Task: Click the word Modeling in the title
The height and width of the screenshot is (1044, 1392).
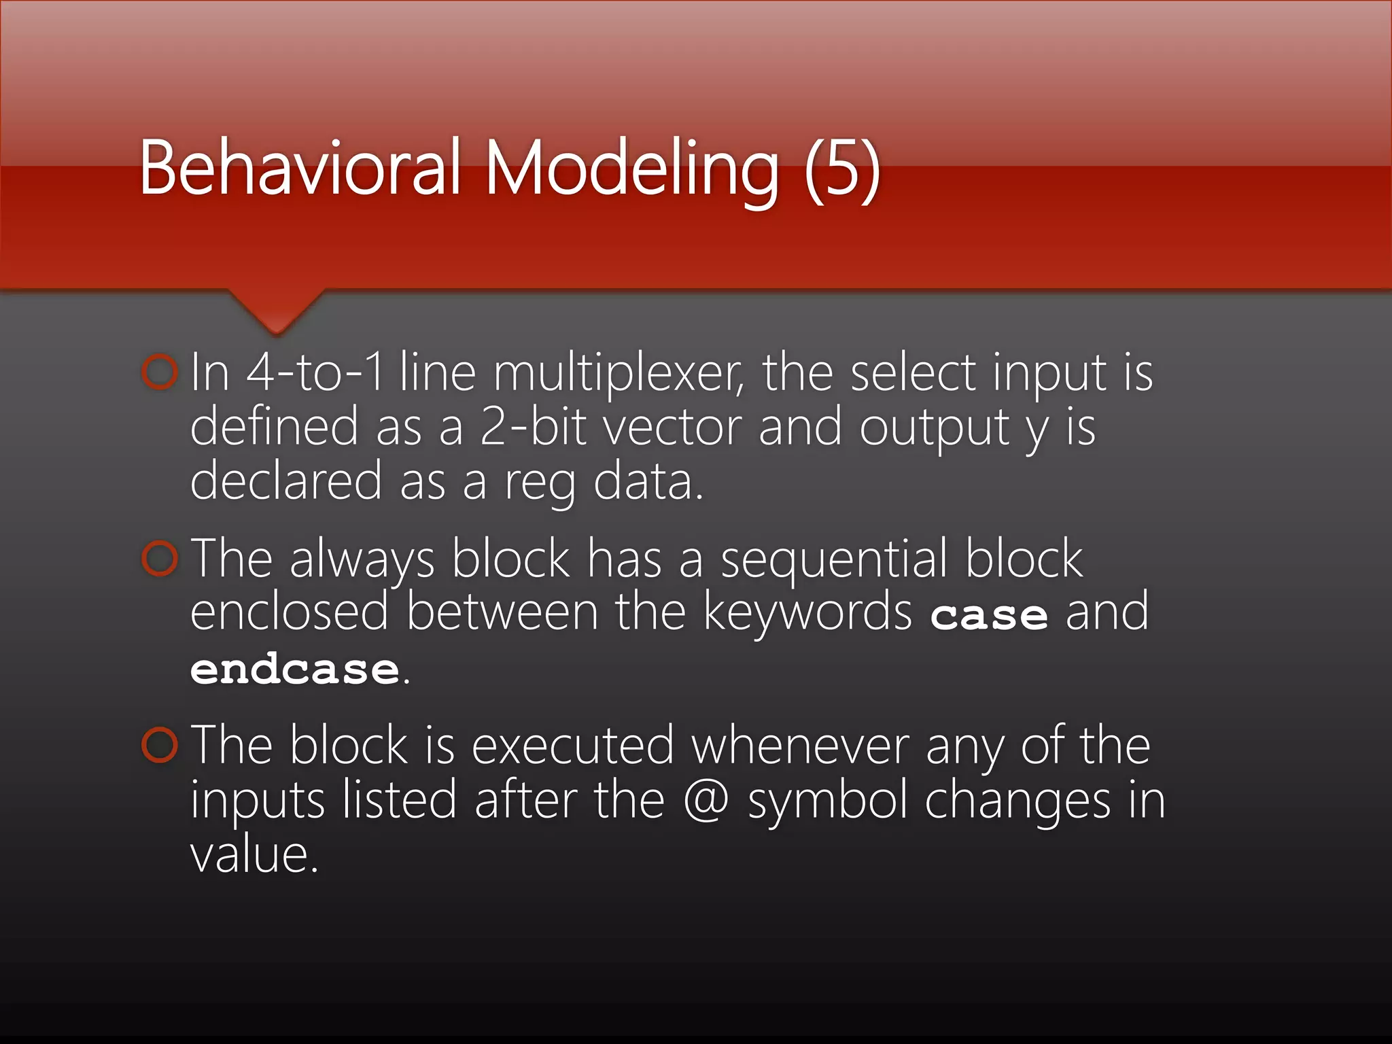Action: [631, 170]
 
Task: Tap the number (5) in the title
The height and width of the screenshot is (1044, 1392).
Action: [843, 170]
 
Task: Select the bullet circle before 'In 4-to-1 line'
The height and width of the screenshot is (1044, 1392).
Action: [160, 372]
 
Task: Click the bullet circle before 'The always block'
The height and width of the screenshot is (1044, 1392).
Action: [160, 558]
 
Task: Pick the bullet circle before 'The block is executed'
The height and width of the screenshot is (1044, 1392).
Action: [160, 745]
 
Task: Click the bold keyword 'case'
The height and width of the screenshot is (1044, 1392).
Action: [989, 615]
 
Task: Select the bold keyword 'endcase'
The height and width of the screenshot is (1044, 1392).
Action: [294, 669]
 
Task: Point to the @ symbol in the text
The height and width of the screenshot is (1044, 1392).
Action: [706, 800]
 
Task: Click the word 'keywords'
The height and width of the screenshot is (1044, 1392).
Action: [807, 612]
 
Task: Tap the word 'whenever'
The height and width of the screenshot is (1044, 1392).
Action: [800, 746]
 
